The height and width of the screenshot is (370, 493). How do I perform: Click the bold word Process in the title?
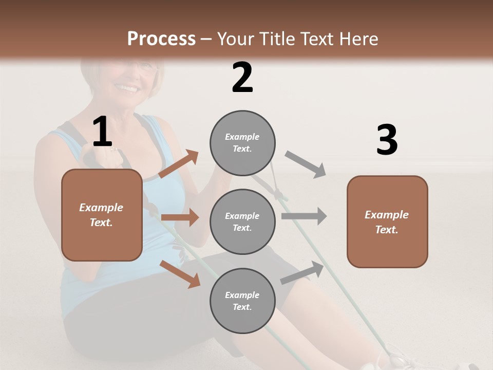click(x=161, y=39)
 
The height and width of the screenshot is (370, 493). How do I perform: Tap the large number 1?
click(x=102, y=133)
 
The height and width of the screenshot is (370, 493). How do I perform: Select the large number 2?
click(x=242, y=78)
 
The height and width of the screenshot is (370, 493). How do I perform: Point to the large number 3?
click(x=387, y=140)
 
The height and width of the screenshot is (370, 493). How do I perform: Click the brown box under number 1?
click(x=102, y=215)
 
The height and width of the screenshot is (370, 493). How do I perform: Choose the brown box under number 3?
click(x=387, y=222)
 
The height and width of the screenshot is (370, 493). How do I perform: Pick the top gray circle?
click(x=242, y=143)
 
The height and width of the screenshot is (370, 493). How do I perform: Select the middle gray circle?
click(x=242, y=222)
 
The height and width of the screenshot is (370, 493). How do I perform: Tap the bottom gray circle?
click(x=242, y=301)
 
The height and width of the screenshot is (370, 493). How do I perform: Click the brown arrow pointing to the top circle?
click(x=179, y=164)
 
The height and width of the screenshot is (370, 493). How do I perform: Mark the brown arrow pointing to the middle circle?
click(x=180, y=217)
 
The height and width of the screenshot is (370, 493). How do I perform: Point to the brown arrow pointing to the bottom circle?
click(x=180, y=273)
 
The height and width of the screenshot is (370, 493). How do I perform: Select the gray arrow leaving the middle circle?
click(x=304, y=216)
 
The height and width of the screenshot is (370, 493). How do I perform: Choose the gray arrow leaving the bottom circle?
click(x=302, y=272)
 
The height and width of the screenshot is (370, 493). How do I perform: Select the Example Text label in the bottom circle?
click(x=242, y=301)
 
